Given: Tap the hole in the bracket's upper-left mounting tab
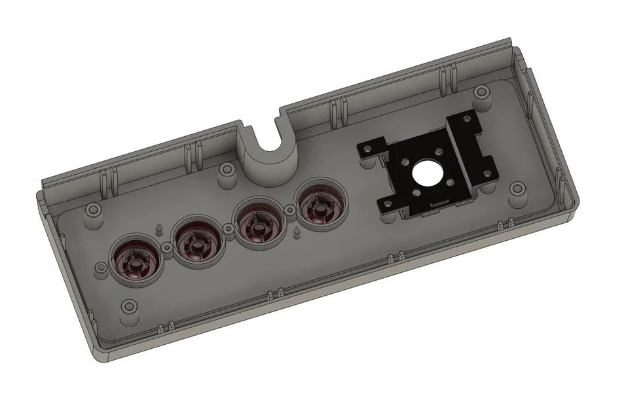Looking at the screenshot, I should tap(367, 149).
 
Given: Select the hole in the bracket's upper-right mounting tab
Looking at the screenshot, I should tap(467, 119).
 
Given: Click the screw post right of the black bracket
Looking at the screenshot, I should tap(519, 190).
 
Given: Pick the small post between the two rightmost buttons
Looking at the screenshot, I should tap(288, 210).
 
